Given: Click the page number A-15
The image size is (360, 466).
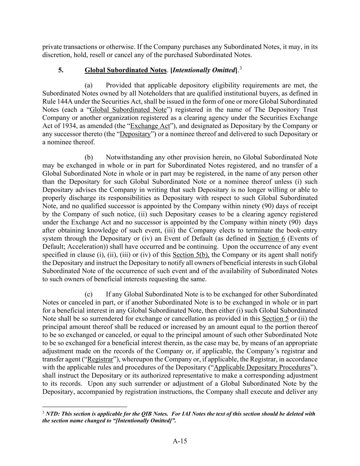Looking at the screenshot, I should click(x=180, y=441).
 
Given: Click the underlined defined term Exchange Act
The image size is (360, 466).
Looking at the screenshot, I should click(x=150, y=126).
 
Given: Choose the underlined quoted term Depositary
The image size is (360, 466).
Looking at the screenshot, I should click(x=135, y=134).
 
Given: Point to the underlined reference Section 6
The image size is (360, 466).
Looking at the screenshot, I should click(x=271, y=239).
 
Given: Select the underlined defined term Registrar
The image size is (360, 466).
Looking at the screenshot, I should click(x=100, y=359).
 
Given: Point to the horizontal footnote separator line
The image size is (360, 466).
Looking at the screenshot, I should click(x=85, y=407).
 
